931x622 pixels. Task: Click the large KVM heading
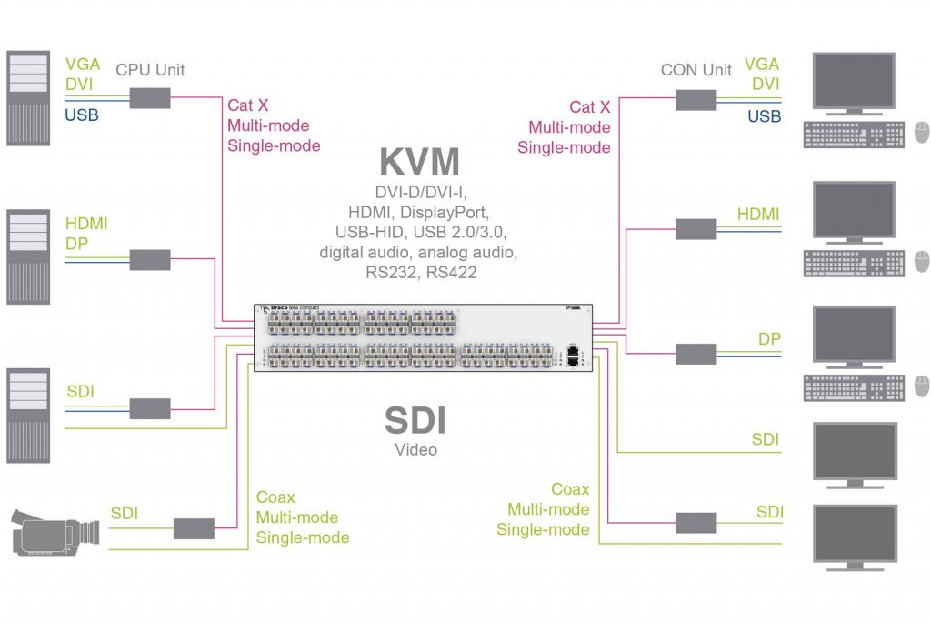pyautogui.click(x=419, y=161)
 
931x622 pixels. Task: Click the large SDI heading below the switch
pyautogui.click(x=415, y=421)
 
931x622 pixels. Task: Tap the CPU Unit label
pyautogui.click(x=150, y=70)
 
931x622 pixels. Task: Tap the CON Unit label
pyautogui.click(x=696, y=70)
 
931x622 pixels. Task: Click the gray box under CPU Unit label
pyautogui.click(x=150, y=98)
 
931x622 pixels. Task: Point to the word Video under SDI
pyautogui.click(x=415, y=449)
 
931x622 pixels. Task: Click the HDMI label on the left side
pyautogui.click(x=86, y=223)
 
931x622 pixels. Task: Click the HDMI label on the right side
pyautogui.click(x=758, y=214)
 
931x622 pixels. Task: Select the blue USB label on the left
pyautogui.click(x=82, y=115)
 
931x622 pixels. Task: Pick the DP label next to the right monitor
pyautogui.click(x=769, y=338)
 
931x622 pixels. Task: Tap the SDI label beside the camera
pyautogui.click(x=124, y=514)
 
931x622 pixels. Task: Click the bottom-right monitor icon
pyautogui.click(x=854, y=537)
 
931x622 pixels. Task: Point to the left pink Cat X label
pyautogui.click(x=247, y=106)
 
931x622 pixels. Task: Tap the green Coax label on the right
pyautogui.click(x=570, y=489)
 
